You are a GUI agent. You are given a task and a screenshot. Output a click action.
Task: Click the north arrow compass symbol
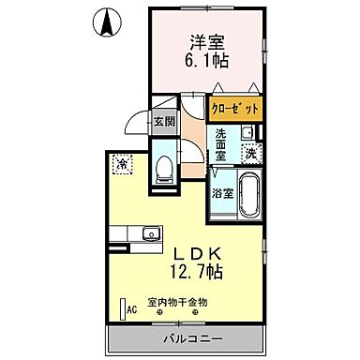click(x=108, y=20)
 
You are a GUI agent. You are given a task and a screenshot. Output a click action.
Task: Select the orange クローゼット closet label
click(x=234, y=109)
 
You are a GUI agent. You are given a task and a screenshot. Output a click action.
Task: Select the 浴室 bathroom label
click(x=222, y=196)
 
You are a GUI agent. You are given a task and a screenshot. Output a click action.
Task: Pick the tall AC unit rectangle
click(x=122, y=307)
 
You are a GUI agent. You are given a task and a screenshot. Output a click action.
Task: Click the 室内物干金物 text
click(x=178, y=302)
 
